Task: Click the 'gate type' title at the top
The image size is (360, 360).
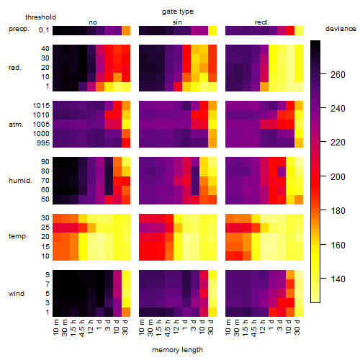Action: click(x=178, y=12)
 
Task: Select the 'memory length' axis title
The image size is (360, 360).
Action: click(x=177, y=350)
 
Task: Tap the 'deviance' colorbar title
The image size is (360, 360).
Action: click(x=341, y=29)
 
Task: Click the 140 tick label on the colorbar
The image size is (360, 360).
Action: click(x=338, y=279)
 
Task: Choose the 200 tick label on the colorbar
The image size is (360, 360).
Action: click(x=338, y=177)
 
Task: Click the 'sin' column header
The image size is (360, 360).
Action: click(x=177, y=22)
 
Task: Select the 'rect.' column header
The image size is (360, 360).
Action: click(x=262, y=22)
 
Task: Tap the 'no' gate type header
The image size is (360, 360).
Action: click(x=93, y=22)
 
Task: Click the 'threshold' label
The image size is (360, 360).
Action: click(x=40, y=17)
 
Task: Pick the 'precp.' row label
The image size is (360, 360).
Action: click(x=19, y=29)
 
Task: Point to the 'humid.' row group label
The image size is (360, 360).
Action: click(x=20, y=181)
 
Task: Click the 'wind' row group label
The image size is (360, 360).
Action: click(x=17, y=294)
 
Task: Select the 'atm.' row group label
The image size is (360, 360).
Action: click(x=16, y=125)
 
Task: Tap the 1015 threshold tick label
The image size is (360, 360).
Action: click(x=41, y=106)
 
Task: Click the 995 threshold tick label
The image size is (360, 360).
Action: click(x=43, y=143)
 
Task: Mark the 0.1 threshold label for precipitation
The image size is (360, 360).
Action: click(x=44, y=30)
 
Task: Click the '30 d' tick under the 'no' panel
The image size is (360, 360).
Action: click(x=125, y=327)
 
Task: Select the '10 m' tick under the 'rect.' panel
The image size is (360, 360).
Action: click(x=229, y=328)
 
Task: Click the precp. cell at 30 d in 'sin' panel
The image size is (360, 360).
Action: click(x=212, y=30)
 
